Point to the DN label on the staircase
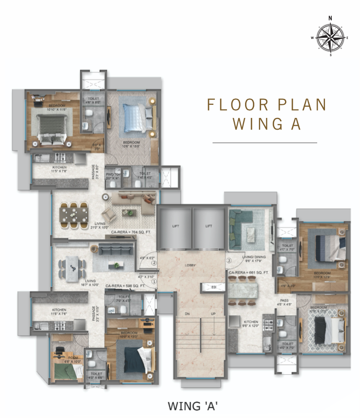pyautogui.click(x=186, y=314)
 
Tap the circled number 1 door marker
pyautogui.click(x=153, y=281)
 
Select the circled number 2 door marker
pyautogui.click(x=153, y=263)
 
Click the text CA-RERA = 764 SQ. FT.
pyautogui.click(x=129, y=232)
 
